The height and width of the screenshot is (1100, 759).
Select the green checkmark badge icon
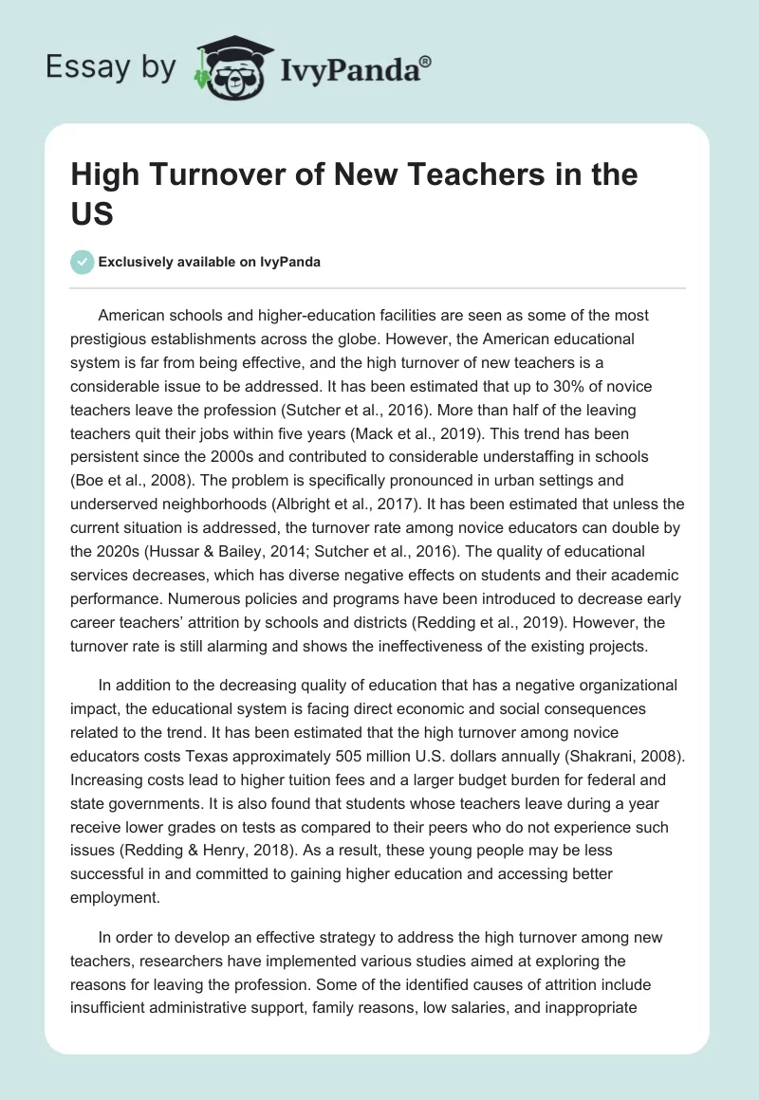(82, 262)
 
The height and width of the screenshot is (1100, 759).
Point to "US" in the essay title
(92, 213)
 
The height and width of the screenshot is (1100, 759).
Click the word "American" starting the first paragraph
(132, 316)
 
